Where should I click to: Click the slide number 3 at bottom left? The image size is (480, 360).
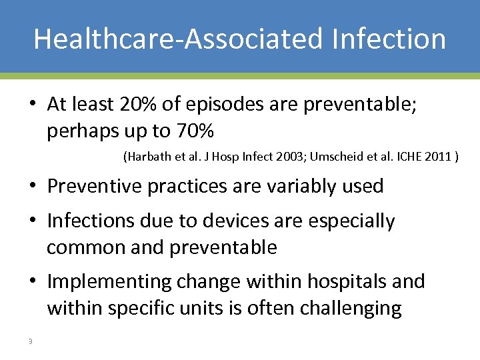(x=29, y=342)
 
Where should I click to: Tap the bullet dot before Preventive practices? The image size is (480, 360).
(x=32, y=187)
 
